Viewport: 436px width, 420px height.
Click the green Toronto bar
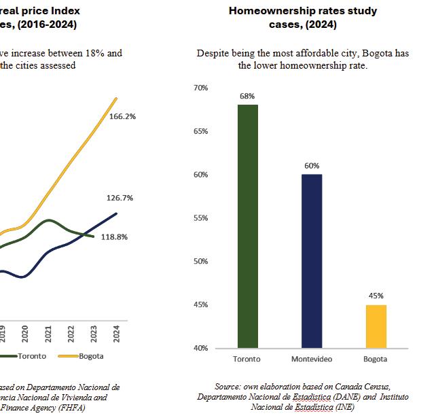[x=247, y=226]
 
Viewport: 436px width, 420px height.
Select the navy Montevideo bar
[x=311, y=261]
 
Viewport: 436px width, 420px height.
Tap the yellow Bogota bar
[x=376, y=326]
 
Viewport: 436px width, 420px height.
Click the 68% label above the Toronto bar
[x=247, y=97]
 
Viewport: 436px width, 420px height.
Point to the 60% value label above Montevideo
[x=311, y=166]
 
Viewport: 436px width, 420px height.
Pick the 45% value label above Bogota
[x=376, y=296]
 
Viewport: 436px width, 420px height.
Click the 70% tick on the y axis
[x=200, y=88]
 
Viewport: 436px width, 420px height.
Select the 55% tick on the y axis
[x=200, y=218]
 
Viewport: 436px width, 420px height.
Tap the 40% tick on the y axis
[x=200, y=348]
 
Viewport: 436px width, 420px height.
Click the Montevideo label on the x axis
[x=311, y=359]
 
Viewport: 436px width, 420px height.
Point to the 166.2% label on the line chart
[x=122, y=116]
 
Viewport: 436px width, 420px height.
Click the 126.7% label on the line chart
[x=120, y=198]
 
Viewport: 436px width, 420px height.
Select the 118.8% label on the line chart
[x=115, y=237]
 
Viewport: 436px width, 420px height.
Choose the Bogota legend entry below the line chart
[x=90, y=355]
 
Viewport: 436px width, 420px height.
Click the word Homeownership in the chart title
[x=267, y=11]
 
